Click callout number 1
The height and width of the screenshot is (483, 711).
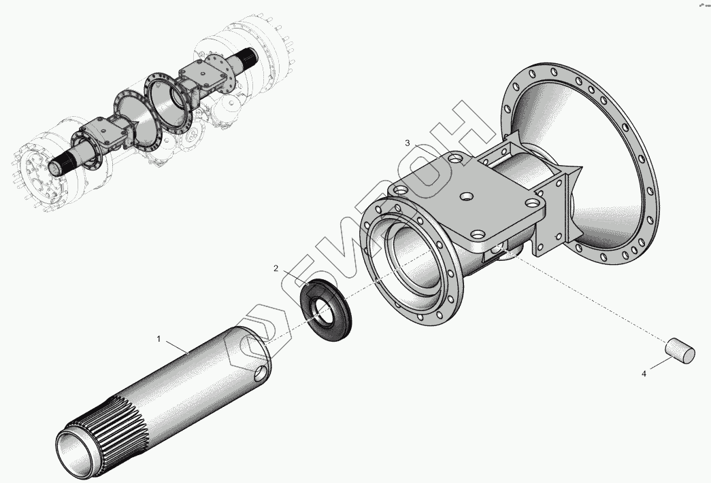click(159, 338)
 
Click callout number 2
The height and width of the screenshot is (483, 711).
click(276, 268)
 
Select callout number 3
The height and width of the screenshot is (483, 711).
click(408, 143)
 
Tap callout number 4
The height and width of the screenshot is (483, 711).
click(644, 374)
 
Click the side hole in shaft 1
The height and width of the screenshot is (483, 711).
click(261, 374)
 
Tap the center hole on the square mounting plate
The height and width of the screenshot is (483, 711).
click(465, 197)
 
